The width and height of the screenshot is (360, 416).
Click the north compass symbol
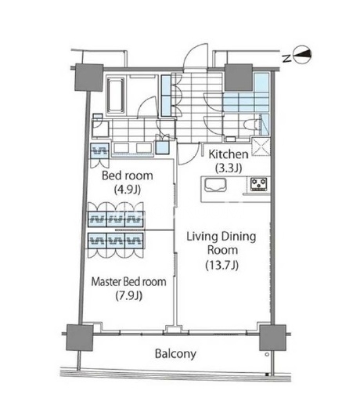[302, 56]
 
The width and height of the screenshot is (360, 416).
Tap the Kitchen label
[229, 154]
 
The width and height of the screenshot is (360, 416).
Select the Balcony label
[175, 353]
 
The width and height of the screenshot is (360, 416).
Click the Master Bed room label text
[128, 281]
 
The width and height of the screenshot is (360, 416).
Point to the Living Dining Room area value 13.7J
[222, 265]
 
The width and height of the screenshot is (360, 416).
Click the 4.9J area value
[128, 190]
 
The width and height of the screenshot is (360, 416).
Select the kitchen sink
[215, 184]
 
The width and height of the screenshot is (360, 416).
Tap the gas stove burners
[259, 183]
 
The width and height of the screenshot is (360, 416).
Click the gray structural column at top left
[88, 78]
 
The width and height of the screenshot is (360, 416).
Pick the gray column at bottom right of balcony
[272, 338]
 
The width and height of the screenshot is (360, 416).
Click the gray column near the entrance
[239, 78]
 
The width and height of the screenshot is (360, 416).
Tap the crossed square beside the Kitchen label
[261, 147]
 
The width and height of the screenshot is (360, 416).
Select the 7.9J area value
[129, 295]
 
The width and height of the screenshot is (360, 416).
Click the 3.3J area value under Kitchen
[229, 168]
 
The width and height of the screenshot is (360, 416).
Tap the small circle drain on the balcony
[267, 354]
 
